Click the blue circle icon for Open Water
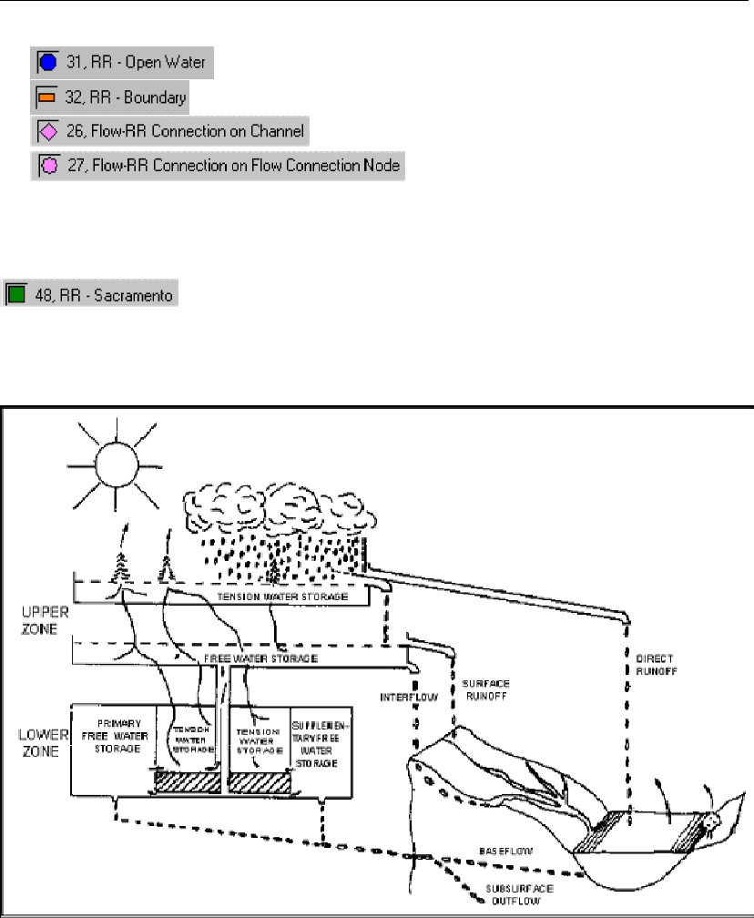(x=47, y=64)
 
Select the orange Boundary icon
(x=47, y=97)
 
